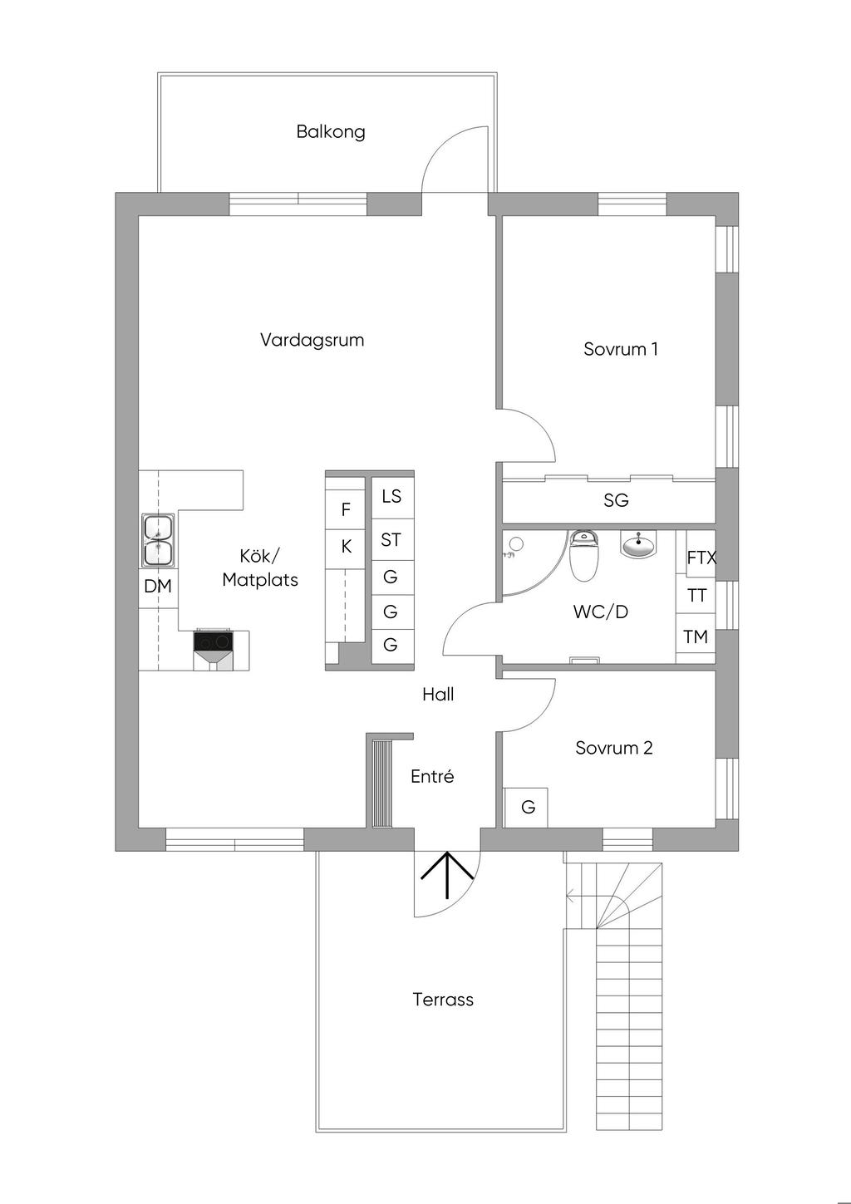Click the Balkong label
coord(331,131)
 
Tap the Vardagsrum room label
coord(312,340)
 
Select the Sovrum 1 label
coord(620,349)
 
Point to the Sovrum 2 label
coord(613,748)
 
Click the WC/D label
coord(600,612)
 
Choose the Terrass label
coord(443,1000)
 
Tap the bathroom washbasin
coord(638,545)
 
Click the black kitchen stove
coord(214,641)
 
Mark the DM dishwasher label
coord(158,587)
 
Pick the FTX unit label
coord(701,558)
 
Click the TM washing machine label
coord(696,637)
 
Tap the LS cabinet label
coord(391,496)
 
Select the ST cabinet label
coord(391,540)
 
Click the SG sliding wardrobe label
coord(616,500)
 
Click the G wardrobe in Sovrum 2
coord(528,807)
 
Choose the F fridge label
coord(346,509)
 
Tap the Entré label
coord(432,777)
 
